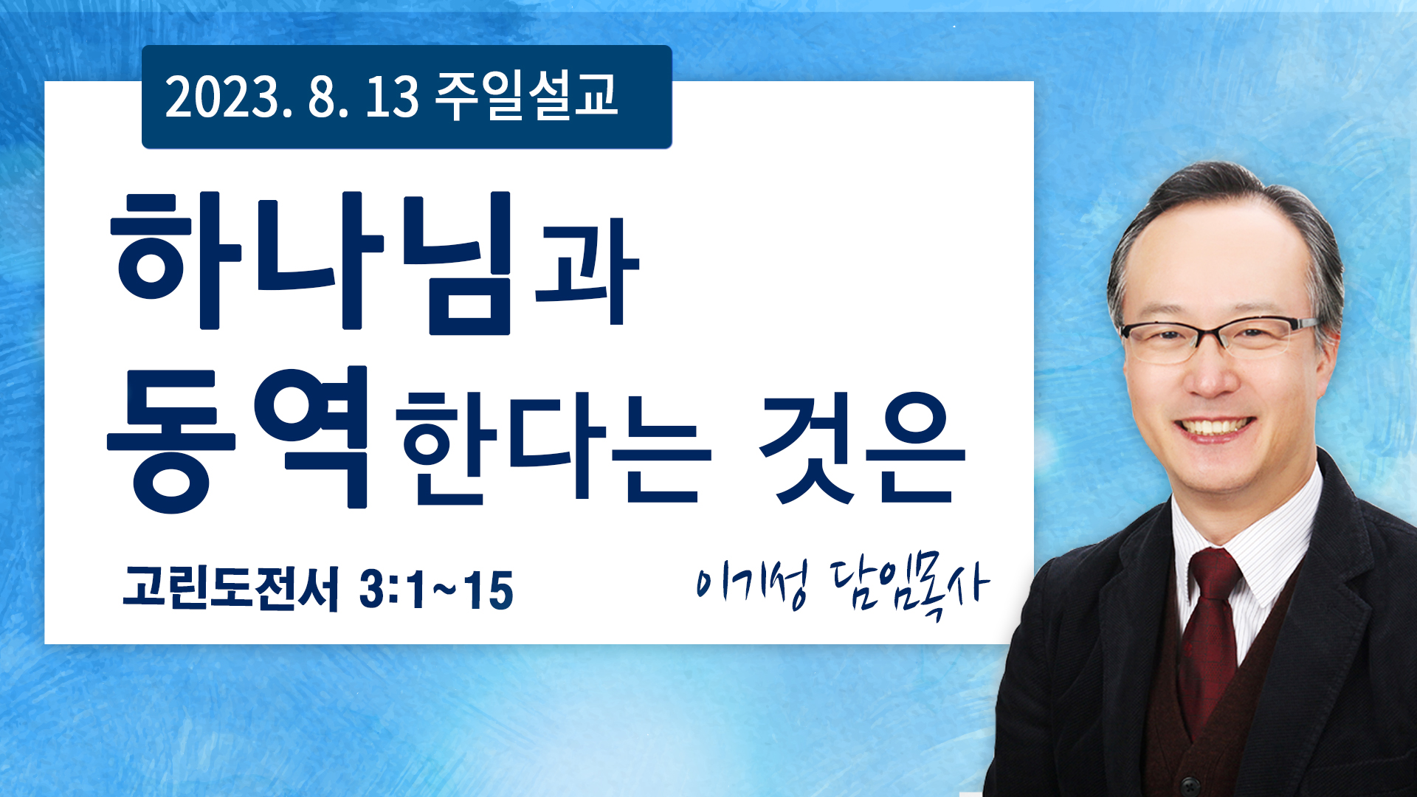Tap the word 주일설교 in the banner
[526, 96]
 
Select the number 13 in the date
[393, 97]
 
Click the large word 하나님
[311, 261]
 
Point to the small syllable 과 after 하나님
[587, 272]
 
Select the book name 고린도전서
[231, 589]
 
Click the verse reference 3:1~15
[436, 590]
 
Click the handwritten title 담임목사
[910, 588]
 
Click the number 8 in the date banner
[322, 97]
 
